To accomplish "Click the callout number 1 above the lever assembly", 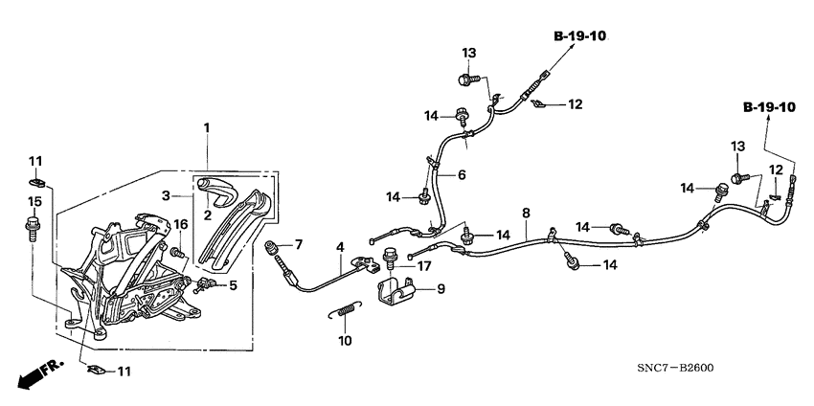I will coord(206,127).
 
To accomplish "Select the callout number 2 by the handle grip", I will coord(207,216).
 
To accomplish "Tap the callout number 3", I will coord(165,194).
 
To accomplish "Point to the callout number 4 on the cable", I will coord(339,247).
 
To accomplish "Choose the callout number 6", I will coord(461,175).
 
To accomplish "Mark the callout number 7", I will coord(298,244).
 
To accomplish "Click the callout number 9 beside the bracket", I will coord(441,287).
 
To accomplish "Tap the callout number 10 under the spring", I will coord(345,340).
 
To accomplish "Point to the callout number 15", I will coord(35,202).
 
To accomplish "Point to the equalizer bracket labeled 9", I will coord(397,292).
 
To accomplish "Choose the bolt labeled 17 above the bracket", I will coord(391,259).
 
